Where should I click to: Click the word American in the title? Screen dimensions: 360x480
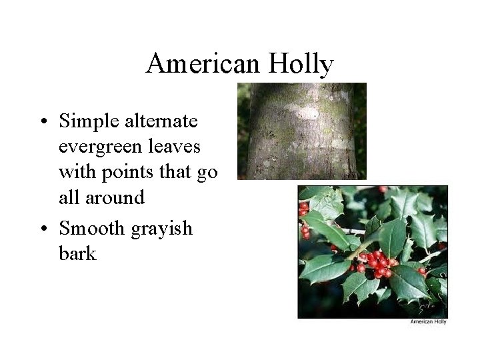(203, 65)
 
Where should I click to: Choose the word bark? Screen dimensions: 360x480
(77, 253)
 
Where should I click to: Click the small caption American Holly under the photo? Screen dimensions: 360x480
(428, 322)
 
